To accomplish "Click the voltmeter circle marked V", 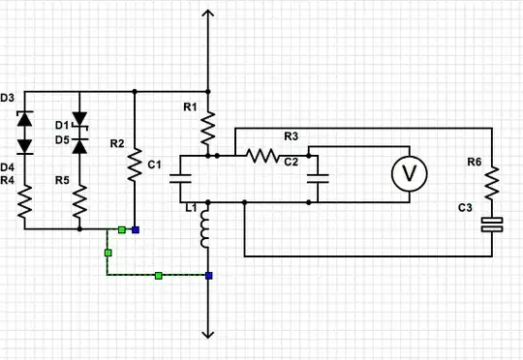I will coord(409,174).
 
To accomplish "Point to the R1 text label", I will coord(190,106).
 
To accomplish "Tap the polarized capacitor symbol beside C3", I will coord(492,225).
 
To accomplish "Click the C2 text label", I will coord(291,161).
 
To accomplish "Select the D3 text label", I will coord(8,99).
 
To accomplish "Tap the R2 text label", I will coord(116,144).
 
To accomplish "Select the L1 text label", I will coord(190,208).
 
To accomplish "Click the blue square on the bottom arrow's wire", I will coord(208,276).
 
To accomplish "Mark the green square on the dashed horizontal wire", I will coord(158,276).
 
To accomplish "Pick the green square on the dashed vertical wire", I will coord(108,253).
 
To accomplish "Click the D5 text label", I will coord(61,139).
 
